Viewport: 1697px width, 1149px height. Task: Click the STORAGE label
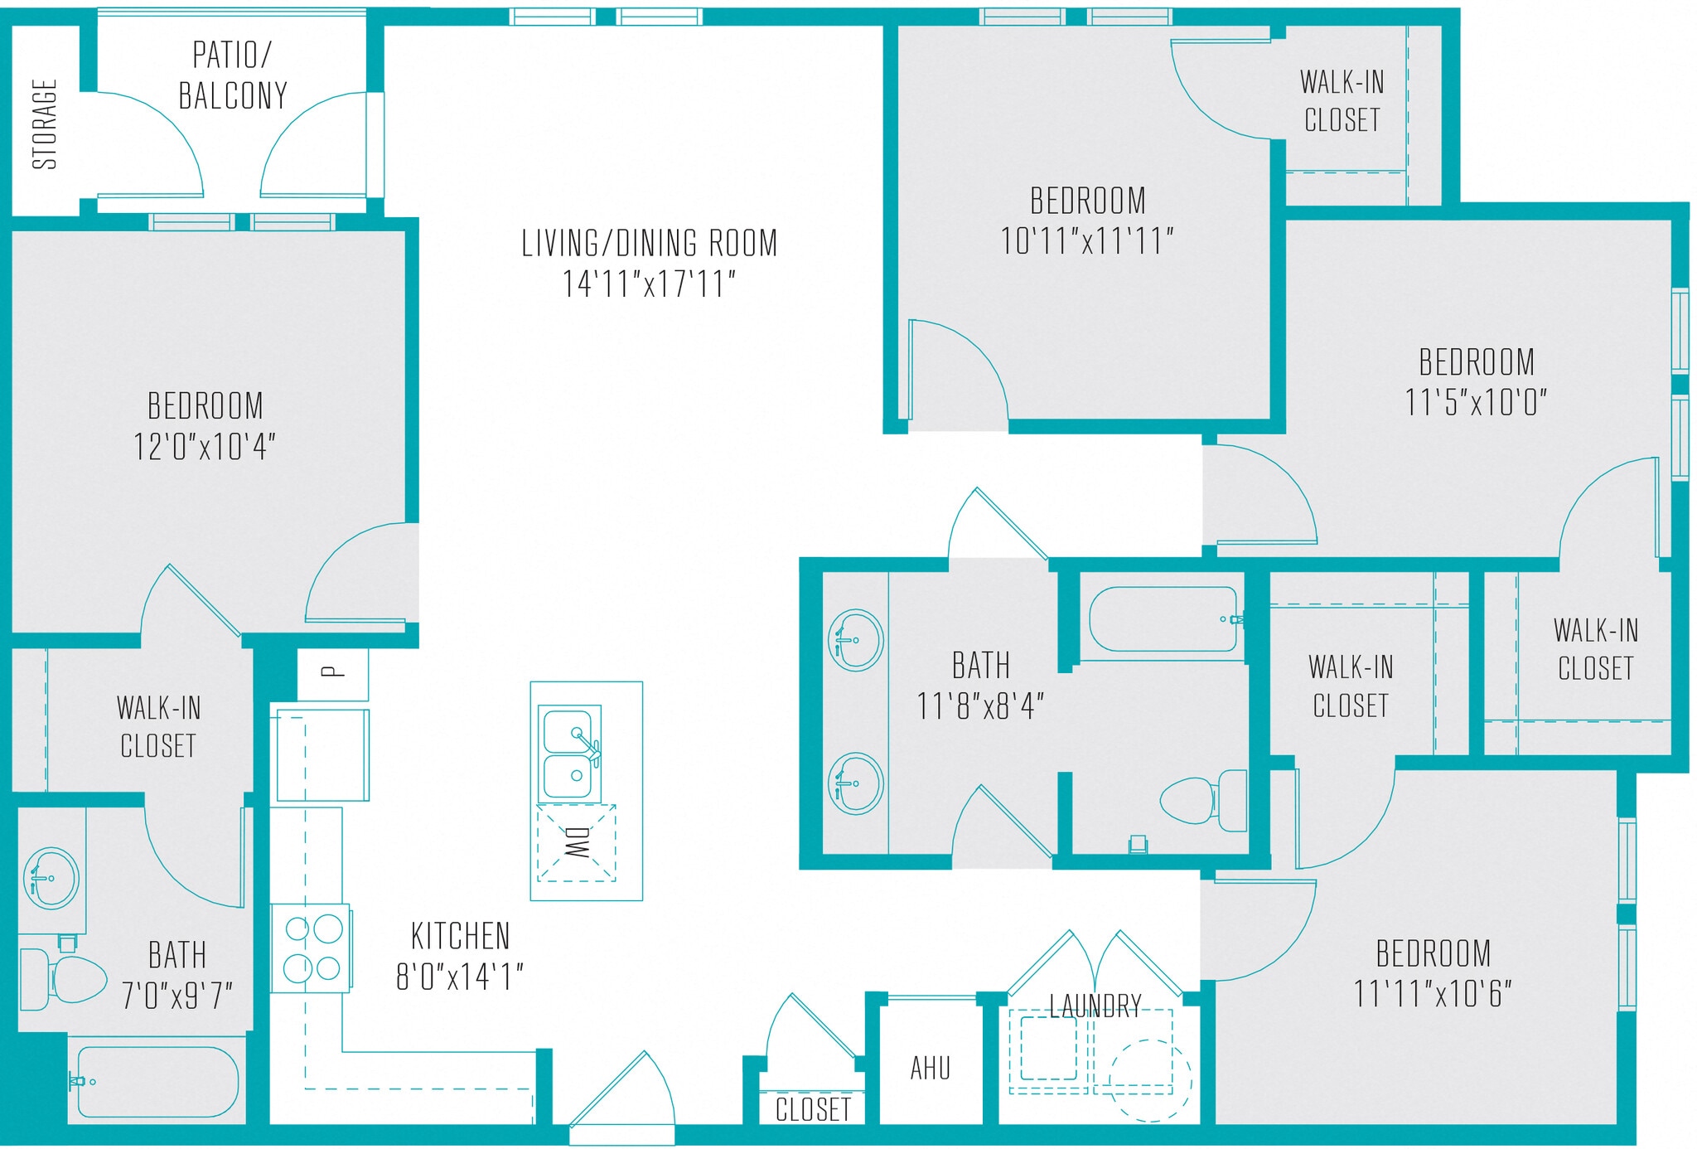tap(45, 124)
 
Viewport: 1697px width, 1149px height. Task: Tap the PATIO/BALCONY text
tap(233, 75)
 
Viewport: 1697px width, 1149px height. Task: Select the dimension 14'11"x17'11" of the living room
tap(649, 284)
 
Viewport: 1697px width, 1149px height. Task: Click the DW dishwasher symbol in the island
tap(577, 842)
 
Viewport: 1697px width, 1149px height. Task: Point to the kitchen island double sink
tap(570, 753)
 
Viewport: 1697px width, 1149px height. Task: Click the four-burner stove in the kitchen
tap(312, 948)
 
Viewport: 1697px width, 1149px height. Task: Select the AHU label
tap(930, 1068)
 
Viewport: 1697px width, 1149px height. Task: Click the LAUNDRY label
tap(1095, 1006)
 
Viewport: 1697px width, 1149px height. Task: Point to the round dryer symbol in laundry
tap(1150, 1080)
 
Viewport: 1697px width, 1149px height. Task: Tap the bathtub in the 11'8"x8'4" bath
tap(1164, 619)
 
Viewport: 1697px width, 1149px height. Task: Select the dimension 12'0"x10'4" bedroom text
tap(205, 447)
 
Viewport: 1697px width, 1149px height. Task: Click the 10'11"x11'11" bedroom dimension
tap(1087, 241)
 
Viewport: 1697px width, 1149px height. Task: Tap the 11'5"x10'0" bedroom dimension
tap(1476, 403)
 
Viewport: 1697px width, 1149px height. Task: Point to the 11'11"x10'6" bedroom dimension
tap(1433, 993)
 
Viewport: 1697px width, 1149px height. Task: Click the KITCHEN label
tap(461, 936)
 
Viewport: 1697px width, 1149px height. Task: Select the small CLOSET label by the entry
tap(813, 1109)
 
